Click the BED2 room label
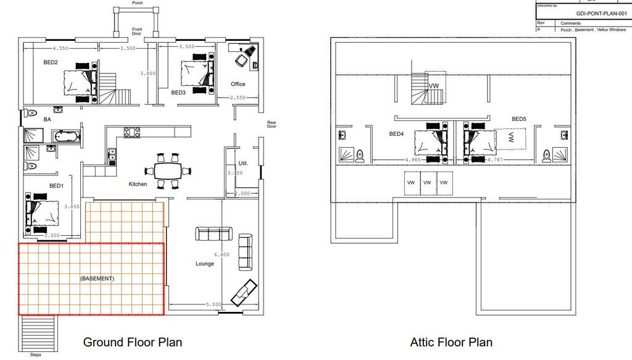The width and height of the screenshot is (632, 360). pos(51,62)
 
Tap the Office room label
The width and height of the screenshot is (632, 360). pos(238,84)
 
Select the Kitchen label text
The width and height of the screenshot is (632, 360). pos(138,184)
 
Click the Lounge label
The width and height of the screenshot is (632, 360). pos(205,264)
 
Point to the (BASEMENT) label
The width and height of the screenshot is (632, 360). pos(97,278)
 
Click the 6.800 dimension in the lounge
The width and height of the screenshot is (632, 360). pos(221,255)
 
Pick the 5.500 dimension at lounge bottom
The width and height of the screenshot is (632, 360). pos(214,305)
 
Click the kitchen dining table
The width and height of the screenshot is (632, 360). pos(168,170)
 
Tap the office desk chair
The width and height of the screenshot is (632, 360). pos(241,60)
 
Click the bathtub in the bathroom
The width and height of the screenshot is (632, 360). pos(66,136)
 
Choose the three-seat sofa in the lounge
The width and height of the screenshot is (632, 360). pos(214,233)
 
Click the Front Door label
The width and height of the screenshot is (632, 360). pos(137,31)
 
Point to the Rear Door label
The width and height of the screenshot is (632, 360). pos(272,123)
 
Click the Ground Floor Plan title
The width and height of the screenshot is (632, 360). pos(133,341)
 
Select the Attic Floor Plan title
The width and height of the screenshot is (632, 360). pos(451,341)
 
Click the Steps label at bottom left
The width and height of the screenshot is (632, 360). pos(36,355)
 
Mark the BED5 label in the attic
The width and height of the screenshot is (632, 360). pos(518,119)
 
